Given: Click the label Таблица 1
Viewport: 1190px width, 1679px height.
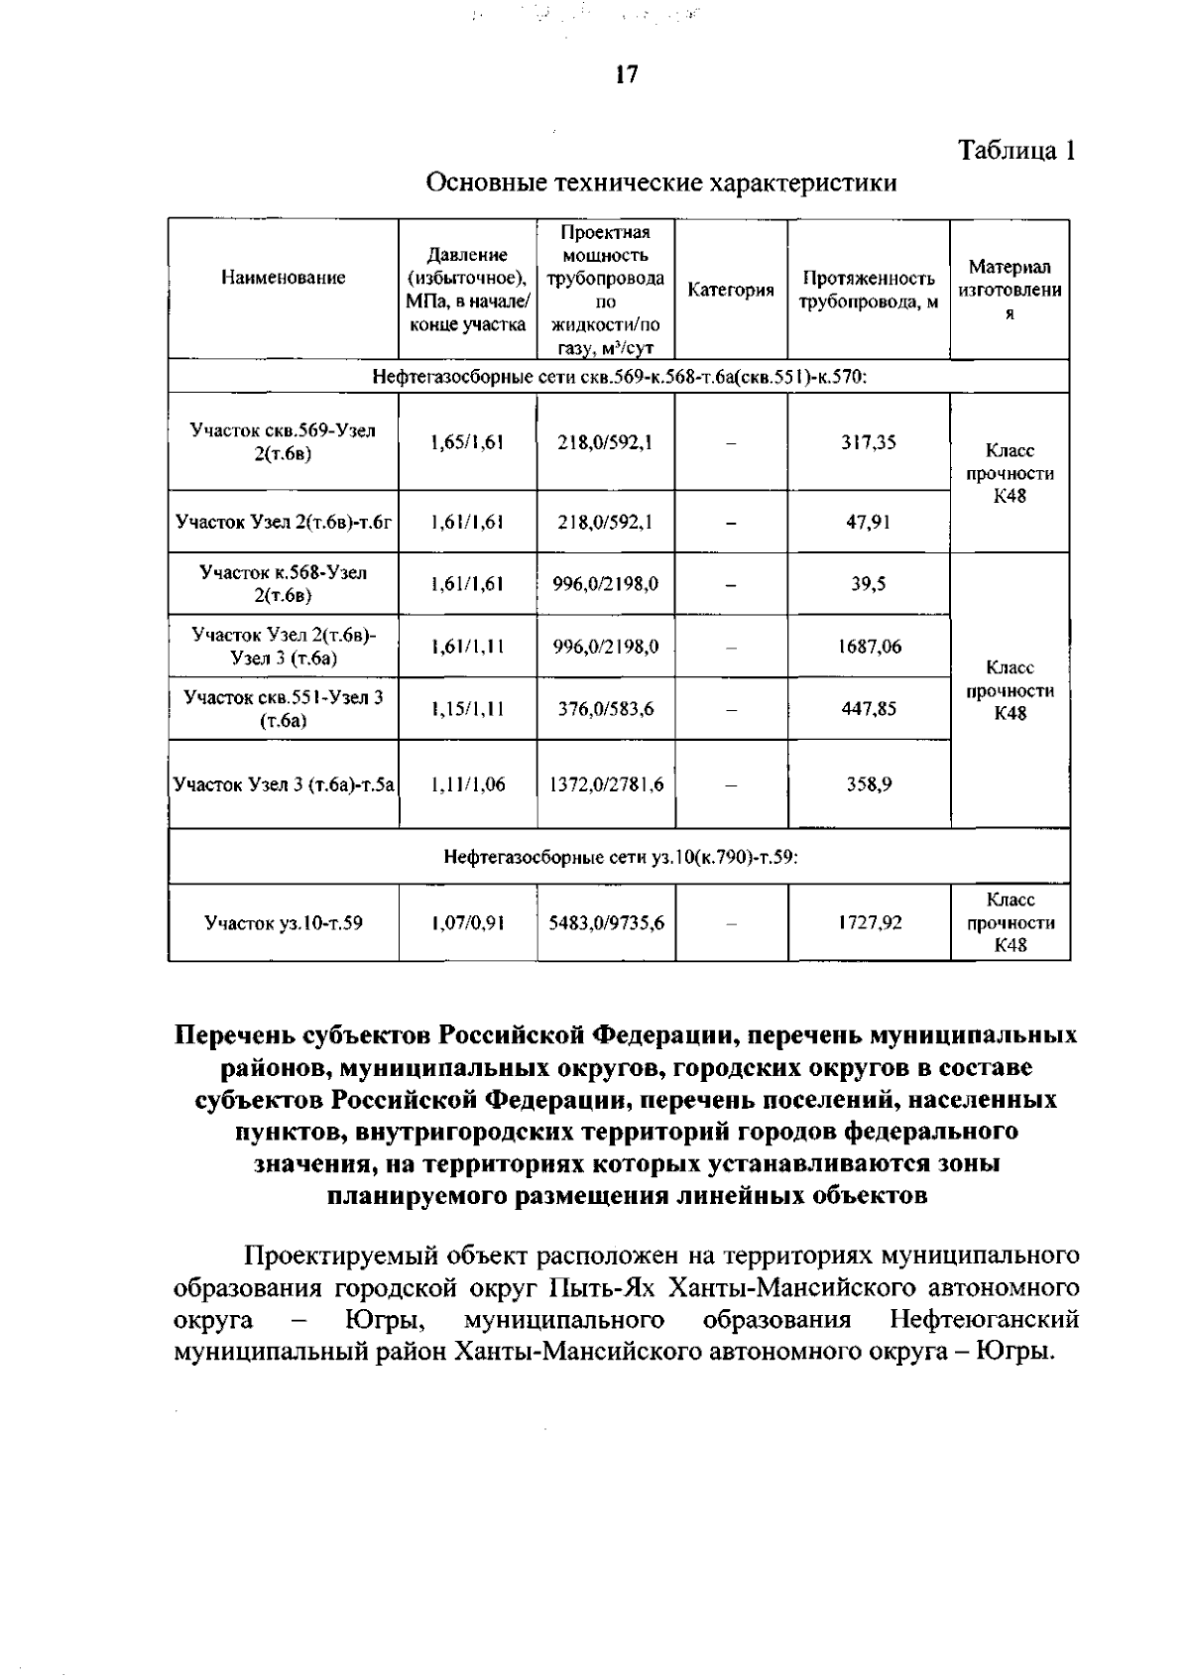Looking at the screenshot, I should coord(1015,151).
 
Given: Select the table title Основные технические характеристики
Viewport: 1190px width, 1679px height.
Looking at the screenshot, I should coord(661,183).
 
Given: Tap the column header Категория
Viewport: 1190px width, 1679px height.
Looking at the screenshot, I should coord(731,290).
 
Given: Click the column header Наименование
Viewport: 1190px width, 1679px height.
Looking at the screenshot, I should coord(284,278).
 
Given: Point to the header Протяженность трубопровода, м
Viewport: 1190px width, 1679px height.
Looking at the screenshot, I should coord(869,290).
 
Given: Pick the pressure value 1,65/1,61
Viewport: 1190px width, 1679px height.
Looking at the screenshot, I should coord(467,442).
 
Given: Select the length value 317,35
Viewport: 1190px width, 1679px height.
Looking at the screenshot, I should coord(868,442).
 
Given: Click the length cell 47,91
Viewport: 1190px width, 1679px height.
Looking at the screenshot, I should coord(868,522).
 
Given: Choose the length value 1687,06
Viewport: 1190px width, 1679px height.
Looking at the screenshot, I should coord(868,647).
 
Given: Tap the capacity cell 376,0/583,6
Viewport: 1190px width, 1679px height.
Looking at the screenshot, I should coord(605,708).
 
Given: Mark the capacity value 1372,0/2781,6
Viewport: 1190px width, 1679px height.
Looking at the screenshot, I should coord(605,783).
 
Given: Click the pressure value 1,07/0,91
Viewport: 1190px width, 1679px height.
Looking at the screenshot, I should coord(467,923).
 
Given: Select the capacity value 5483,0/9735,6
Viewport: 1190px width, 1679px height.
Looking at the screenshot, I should coord(606,923).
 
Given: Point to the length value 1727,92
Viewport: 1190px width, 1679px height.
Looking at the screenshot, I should coord(868,923).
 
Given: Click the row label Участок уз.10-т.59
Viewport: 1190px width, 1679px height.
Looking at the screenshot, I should coord(284,923).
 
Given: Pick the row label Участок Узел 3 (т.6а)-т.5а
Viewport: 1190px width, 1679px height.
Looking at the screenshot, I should coord(284,783).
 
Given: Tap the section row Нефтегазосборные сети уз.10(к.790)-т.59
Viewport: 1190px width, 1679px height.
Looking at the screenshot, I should coord(619,857).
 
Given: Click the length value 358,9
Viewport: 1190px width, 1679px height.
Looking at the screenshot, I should coord(868,783).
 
